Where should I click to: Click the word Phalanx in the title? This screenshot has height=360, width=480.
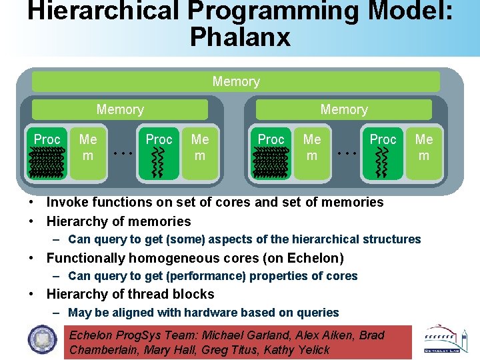click(240, 37)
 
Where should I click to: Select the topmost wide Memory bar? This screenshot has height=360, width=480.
click(236, 82)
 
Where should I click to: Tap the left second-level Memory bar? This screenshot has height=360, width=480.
click(120, 109)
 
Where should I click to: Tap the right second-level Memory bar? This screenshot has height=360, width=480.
click(344, 109)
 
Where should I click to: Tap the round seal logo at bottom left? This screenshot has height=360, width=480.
click(43, 341)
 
